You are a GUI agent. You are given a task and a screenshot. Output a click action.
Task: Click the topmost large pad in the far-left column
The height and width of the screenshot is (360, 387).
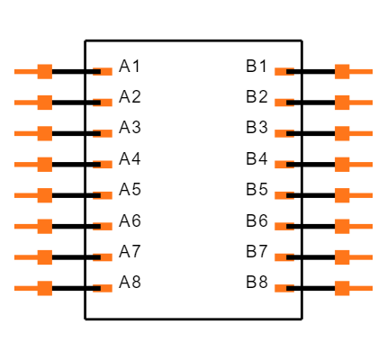click(44, 72)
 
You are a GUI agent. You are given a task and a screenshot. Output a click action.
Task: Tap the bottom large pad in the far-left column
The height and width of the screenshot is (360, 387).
click(44, 288)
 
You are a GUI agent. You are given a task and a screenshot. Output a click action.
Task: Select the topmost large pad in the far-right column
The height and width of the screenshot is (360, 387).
click(343, 72)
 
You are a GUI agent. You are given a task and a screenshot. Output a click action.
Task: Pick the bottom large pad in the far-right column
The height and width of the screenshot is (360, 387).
click(343, 288)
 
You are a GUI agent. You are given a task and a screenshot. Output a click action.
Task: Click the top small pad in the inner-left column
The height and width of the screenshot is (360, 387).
click(106, 72)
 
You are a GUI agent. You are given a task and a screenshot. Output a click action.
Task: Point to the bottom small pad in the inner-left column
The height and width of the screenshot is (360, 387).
click(106, 288)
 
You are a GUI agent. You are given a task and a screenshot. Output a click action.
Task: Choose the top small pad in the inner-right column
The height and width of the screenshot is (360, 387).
click(281, 72)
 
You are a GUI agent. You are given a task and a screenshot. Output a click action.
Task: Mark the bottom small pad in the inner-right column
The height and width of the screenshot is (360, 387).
click(281, 288)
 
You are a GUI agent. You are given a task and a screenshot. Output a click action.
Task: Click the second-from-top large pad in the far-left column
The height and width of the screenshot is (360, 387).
click(44, 103)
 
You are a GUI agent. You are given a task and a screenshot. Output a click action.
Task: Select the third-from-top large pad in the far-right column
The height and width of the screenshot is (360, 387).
click(343, 133)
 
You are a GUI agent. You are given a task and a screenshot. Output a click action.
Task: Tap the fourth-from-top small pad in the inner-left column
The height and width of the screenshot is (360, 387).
click(106, 165)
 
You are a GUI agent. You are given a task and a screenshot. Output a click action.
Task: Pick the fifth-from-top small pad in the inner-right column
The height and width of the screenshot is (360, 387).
click(281, 195)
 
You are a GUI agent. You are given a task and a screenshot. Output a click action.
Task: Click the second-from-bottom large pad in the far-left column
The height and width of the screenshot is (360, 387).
click(44, 257)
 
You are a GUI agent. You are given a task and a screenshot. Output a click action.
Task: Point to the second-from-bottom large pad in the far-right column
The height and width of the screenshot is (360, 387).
click(343, 257)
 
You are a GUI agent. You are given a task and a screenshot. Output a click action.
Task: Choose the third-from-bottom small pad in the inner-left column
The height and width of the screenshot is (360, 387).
click(106, 226)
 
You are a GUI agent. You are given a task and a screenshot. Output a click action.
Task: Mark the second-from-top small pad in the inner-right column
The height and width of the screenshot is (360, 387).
click(281, 103)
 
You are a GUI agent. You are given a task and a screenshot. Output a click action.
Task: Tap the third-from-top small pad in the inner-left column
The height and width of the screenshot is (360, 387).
click(106, 133)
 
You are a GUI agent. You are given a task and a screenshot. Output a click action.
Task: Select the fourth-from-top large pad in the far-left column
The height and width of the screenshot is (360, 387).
click(44, 165)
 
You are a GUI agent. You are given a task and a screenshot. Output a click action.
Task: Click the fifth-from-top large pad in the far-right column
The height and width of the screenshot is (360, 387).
click(343, 195)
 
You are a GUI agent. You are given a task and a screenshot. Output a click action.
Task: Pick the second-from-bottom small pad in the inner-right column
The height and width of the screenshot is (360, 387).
click(281, 257)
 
